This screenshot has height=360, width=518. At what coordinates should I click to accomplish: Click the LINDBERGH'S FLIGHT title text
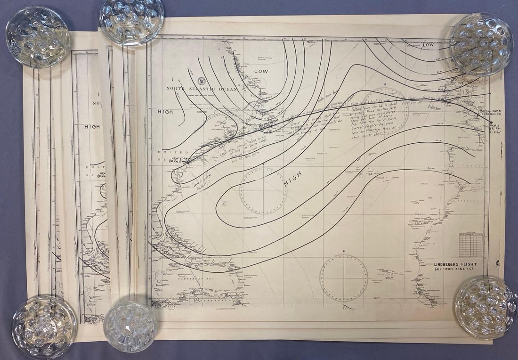(x=456, y=264)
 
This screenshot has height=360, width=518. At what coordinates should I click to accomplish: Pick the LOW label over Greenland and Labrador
(x=261, y=71)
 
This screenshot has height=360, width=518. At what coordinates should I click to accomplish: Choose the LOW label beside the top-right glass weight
(x=428, y=44)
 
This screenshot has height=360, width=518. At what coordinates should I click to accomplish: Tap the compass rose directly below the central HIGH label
(x=263, y=190)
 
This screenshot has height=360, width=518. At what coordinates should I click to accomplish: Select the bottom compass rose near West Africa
(x=344, y=278)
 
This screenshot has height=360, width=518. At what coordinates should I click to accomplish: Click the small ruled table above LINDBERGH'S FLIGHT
(x=470, y=245)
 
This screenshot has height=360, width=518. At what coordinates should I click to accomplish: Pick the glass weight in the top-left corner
(x=38, y=36)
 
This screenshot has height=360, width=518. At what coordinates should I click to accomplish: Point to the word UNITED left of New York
(x=180, y=152)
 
